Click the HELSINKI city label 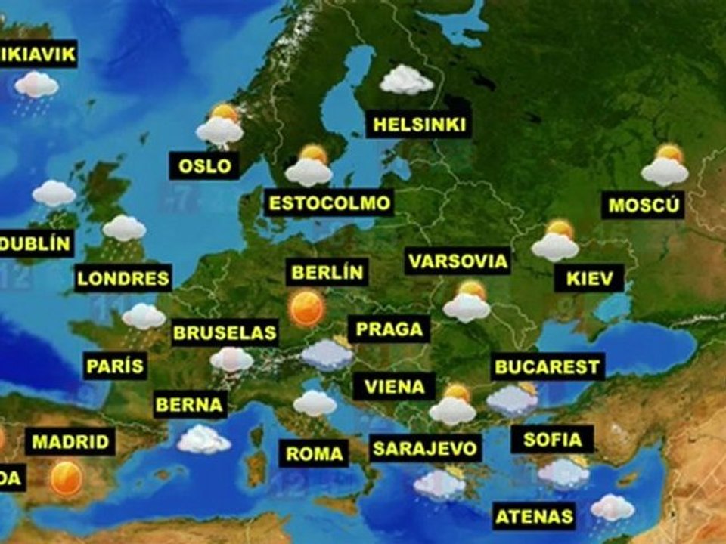pos(418,125)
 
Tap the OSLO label pos(204,165)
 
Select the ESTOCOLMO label pos(329,202)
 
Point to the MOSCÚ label pos(645,204)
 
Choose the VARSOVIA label pos(458,261)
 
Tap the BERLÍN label pos(327,272)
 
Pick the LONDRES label pos(123,277)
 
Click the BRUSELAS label pos(225,332)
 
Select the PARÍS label pos(114,367)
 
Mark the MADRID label pos(70,441)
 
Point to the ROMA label pos(315,454)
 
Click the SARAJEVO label pos(426,448)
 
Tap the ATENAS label pos(534,517)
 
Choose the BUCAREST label pos(548,367)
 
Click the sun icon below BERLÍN pos(307,308)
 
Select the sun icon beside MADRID pos(67,478)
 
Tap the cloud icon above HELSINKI pos(406,80)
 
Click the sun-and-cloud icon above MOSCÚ pos(665,166)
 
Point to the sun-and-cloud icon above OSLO pos(220,126)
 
